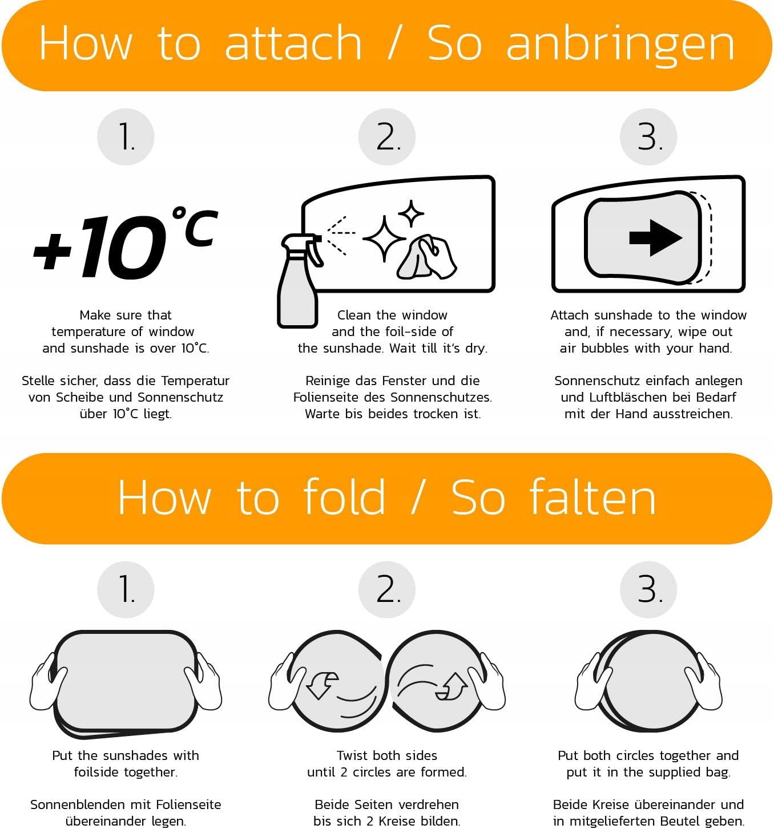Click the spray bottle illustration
coord(299,281)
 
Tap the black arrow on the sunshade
coord(656,238)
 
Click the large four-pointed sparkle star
coord(384,238)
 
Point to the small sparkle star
coord(411,213)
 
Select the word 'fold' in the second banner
coord(344,497)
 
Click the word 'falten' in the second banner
coord(592,497)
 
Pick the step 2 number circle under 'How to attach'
coord(387,137)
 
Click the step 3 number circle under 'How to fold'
coord(648,589)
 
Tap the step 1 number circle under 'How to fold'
coord(126,589)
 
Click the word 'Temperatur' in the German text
coord(195,381)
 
